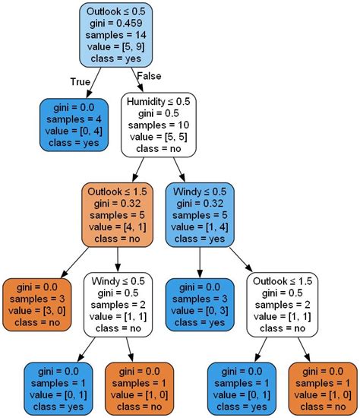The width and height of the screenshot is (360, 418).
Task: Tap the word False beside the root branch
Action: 149,76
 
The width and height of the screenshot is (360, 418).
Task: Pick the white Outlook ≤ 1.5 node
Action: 283,304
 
